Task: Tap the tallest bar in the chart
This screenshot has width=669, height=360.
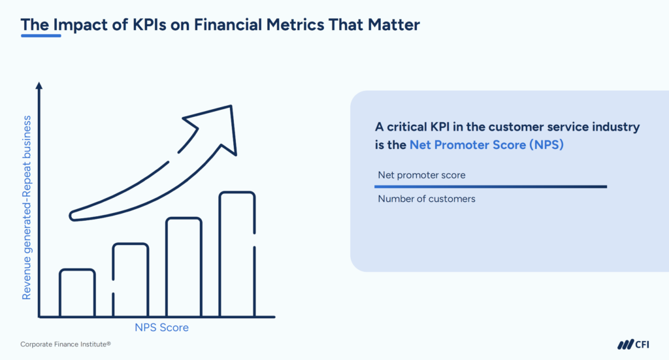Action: coord(237,254)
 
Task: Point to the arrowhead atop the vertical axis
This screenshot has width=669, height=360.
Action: coord(39,87)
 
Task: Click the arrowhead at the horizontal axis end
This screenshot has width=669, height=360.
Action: coord(270,317)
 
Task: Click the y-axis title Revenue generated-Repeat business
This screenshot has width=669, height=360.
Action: coord(27,207)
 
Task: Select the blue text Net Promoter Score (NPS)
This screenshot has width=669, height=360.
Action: coord(486,145)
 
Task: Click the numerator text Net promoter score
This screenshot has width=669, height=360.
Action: coord(421,175)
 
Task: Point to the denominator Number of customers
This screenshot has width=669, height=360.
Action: coord(427,199)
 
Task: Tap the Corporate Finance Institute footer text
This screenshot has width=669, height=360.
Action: coord(65,344)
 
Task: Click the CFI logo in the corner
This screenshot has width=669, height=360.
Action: coord(632,344)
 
